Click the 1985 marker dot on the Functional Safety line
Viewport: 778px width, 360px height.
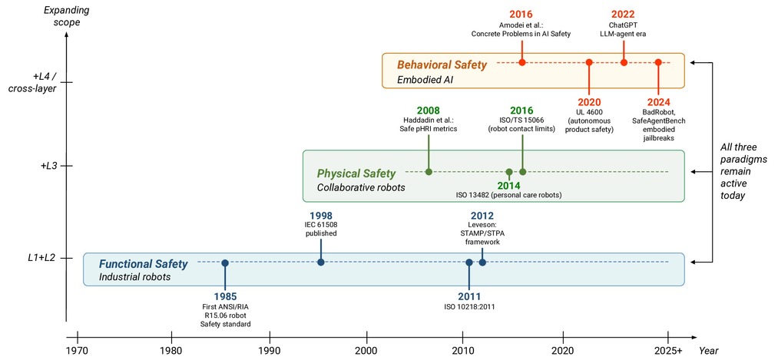pos(225,263)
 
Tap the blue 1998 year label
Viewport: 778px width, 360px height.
pos(321,216)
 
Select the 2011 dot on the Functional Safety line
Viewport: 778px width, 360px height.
pos(469,263)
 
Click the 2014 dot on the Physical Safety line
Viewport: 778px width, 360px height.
pos(508,172)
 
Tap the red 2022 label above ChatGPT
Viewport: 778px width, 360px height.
pos(623,14)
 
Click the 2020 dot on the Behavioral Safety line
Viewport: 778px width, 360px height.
pos(589,62)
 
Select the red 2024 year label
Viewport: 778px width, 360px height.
pos(657,102)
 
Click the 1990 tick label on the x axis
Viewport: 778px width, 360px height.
pos(270,350)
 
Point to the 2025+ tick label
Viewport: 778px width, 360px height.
pos(668,350)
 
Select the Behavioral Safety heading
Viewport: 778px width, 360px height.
pos(442,65)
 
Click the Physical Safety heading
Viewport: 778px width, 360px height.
pos(356,173)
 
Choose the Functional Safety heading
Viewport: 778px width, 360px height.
pos(144,264)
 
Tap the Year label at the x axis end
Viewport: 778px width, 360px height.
pos(709,351)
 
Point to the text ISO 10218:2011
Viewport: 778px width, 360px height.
pos(469,307)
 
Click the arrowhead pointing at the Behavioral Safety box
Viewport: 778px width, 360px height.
pos(694,62)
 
